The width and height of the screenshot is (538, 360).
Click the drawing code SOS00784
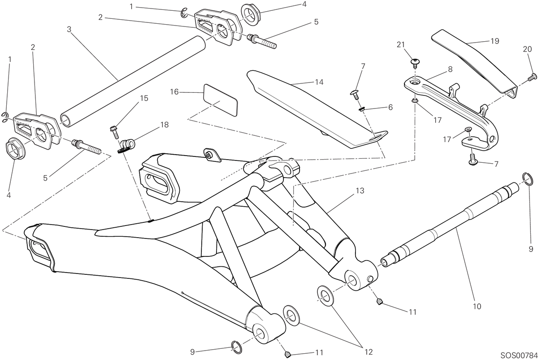[x=519, y=355]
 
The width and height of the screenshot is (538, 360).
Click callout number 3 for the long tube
[x=69, y=29]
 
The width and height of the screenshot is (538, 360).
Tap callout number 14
[x=319, y=82]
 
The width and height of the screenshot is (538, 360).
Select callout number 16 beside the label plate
[x=174, y=92]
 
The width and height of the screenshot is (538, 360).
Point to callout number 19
[x=495, y=41]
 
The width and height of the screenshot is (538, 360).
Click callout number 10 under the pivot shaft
[x=477, y=307]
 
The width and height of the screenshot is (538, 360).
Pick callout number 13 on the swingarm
[x=360, y=191]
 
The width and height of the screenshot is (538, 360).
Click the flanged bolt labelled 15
[x=114, y=132]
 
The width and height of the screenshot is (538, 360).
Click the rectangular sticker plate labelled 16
[x=221, y=100]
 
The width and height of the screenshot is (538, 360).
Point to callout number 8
[x=450, y=69]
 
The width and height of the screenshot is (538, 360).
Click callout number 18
[x=165, y=125]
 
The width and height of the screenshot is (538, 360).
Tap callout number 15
[x=144, y=98]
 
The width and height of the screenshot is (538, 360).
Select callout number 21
[x=401, y=45]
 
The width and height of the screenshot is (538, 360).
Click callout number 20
[x=527, y=49]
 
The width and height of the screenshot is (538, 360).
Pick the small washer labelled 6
[x=361, y=110]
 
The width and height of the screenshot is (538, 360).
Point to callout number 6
[x=390, y=107]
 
